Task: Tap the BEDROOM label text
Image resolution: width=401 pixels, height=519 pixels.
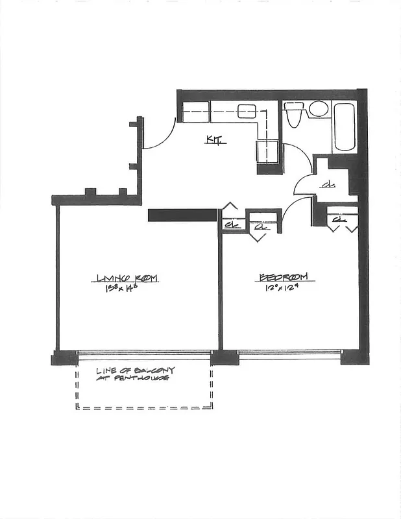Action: tap(287, 278)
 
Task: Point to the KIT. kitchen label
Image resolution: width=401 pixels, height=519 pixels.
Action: tap(215, 139)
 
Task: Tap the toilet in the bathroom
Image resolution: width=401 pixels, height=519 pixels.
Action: tap(293, 114)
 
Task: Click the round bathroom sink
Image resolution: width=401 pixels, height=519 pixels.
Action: tap(318, 109)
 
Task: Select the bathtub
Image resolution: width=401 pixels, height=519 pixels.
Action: tap(344, 127)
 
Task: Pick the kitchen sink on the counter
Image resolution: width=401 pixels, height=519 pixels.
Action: tap(246, 111)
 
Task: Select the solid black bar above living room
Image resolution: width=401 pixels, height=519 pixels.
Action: tap(182, 215)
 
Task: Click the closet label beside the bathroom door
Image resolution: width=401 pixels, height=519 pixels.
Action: tap(328, 187)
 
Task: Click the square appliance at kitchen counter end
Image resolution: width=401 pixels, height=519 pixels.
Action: tap(268, 153)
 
